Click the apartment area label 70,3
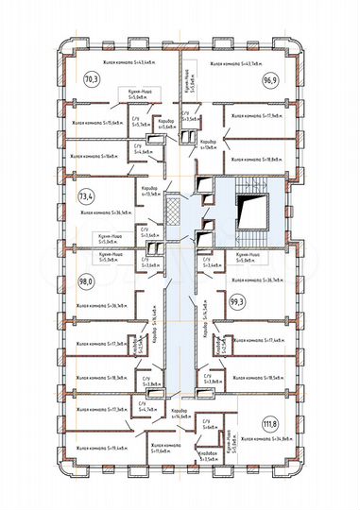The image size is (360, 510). [x=92, y=79]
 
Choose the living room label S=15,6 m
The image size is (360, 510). [x=98, y=123]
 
